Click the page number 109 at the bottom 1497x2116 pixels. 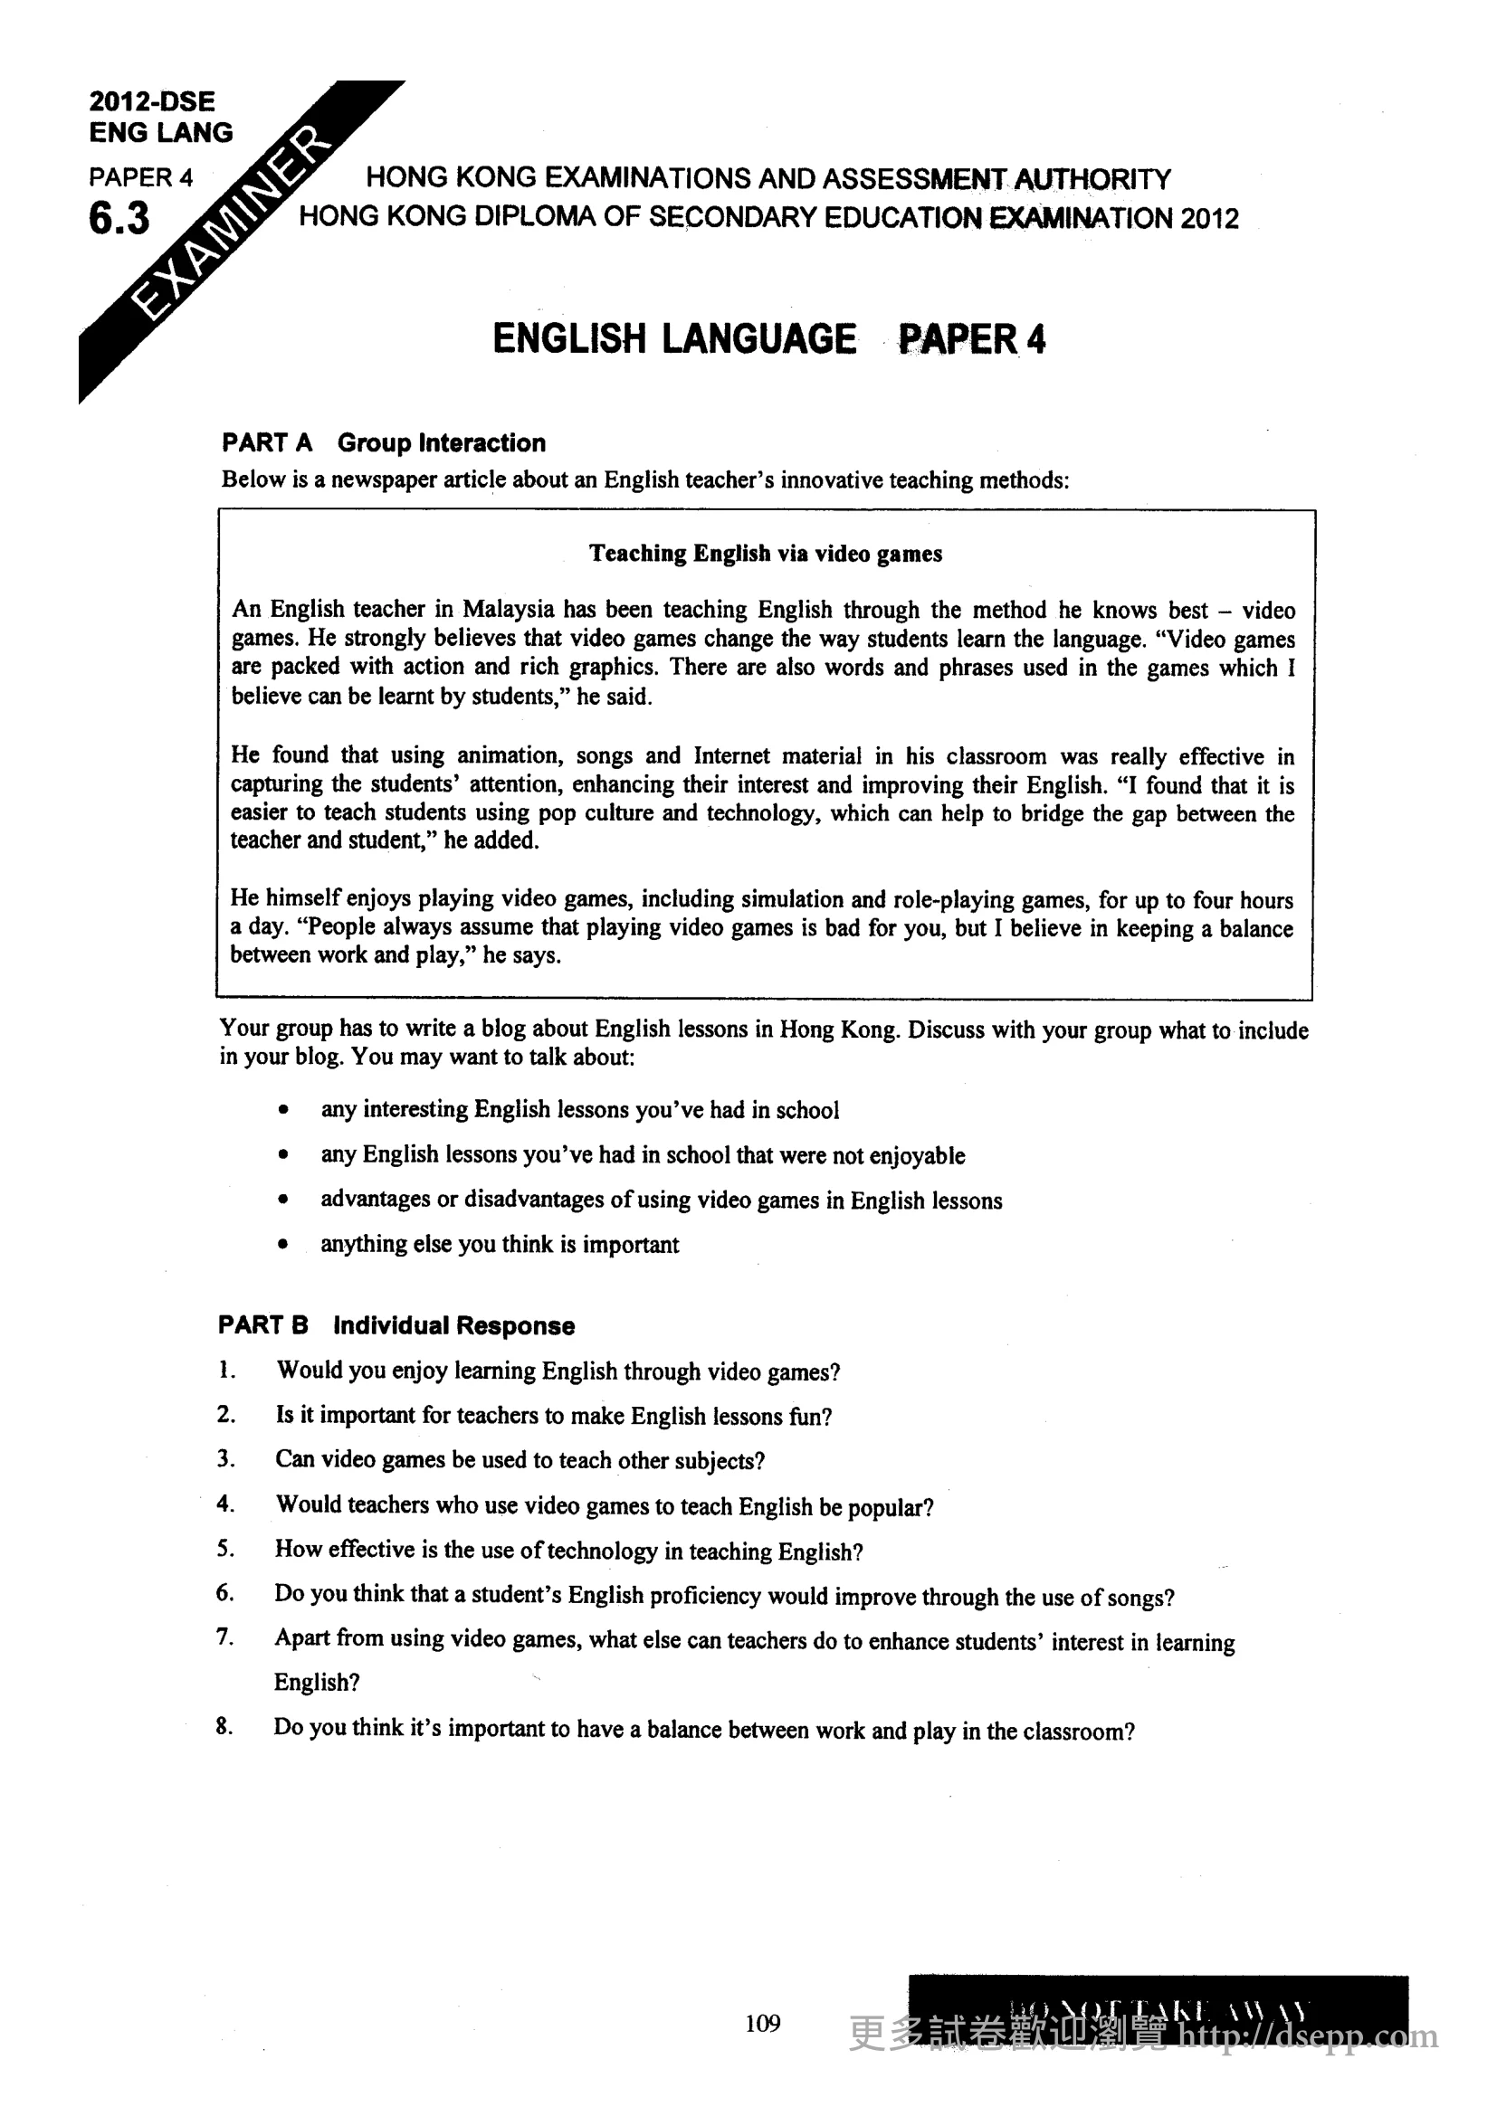(x=762, y=2023)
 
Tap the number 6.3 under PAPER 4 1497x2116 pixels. (x=119, y=219)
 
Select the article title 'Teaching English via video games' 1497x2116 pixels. (x=765, y=553)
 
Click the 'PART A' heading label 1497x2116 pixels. (x=266, y=443)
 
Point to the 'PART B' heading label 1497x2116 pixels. (x=262, y=1325)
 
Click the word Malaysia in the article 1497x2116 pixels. (x=508, y=609)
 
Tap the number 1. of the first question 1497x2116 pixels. (x=227, y=1371)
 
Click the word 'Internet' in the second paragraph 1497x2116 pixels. (x=731, y=755)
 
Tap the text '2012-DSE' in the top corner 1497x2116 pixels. (x=152, y=101)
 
